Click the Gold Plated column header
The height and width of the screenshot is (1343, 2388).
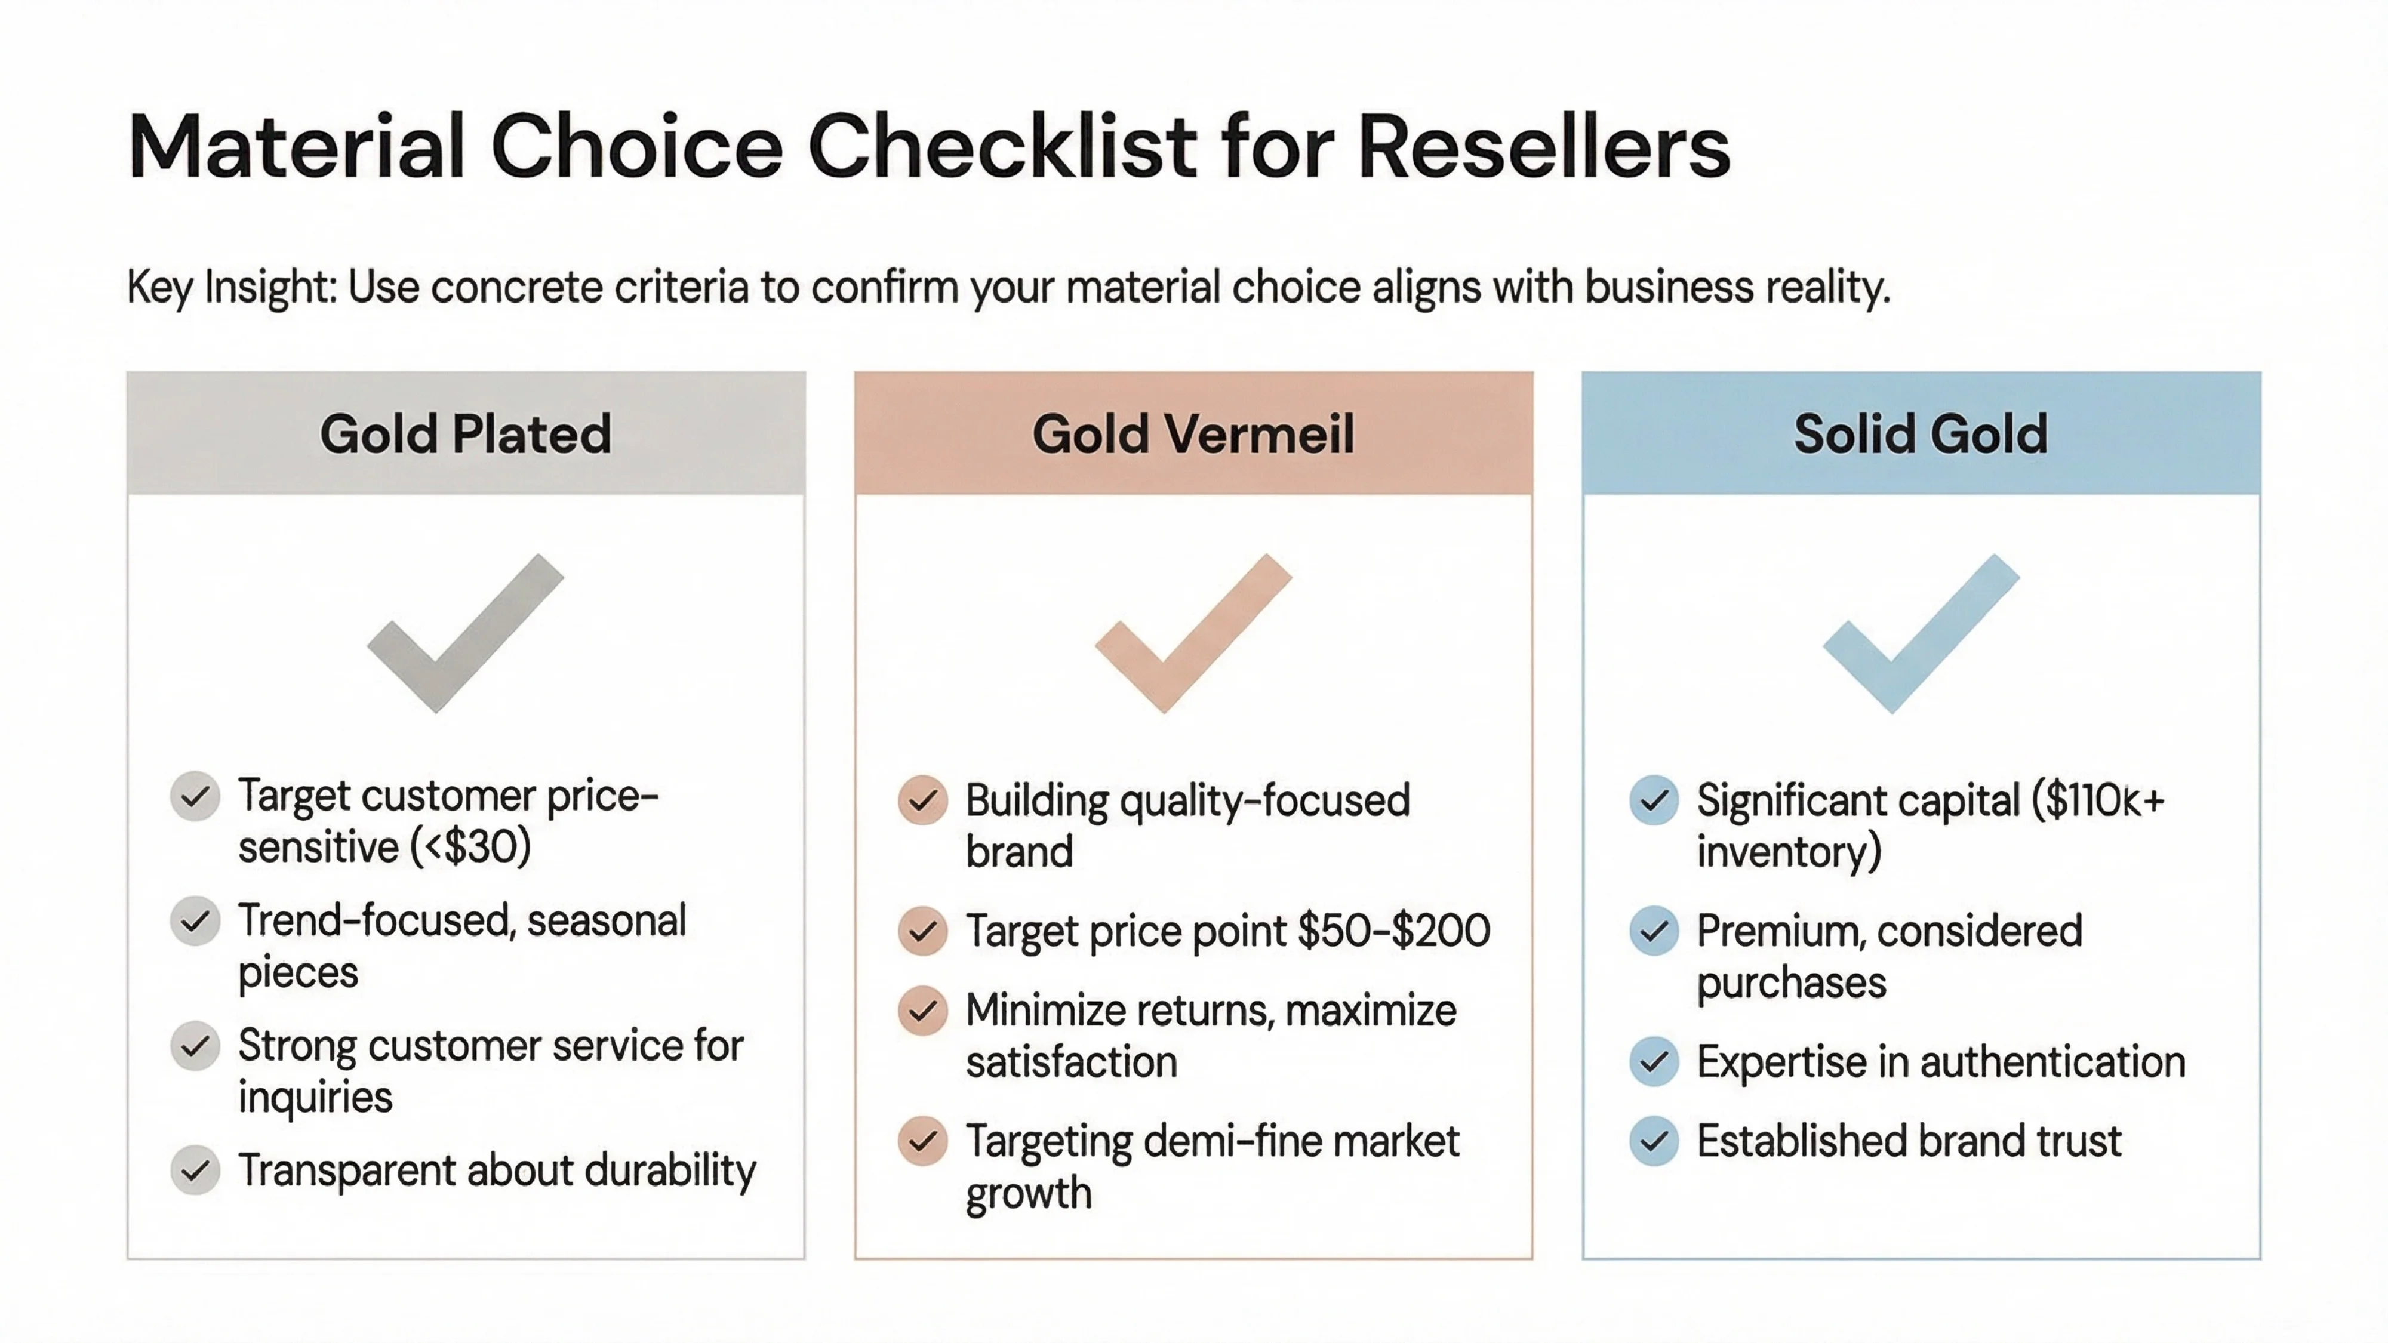[x=466, y=434]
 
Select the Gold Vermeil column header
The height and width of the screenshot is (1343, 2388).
[x=1193, y=434]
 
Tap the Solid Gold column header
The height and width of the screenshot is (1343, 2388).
[x=1921, y=434]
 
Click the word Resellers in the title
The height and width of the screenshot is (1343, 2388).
[x=1543, y=146]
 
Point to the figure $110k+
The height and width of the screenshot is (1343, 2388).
[x=2099, y=800]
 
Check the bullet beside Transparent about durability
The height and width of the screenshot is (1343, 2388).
[x=195, y=1170]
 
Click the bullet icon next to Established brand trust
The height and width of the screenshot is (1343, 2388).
[x=1654, y=1141]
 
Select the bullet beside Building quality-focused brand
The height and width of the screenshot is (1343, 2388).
[x=922, y=800]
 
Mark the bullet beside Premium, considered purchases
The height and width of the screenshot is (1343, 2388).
[x=1654, y=931]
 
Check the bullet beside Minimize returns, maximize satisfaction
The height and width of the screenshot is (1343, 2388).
[x=922, y=1011]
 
